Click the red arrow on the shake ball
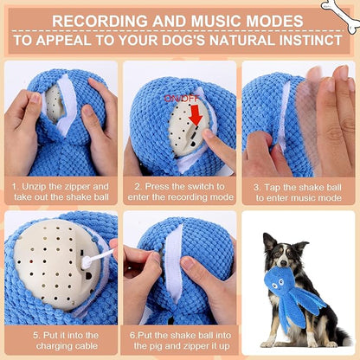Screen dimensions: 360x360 196,113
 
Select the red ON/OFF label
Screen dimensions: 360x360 181,99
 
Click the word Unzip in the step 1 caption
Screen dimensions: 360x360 35,185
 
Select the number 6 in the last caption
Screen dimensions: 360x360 132,332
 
